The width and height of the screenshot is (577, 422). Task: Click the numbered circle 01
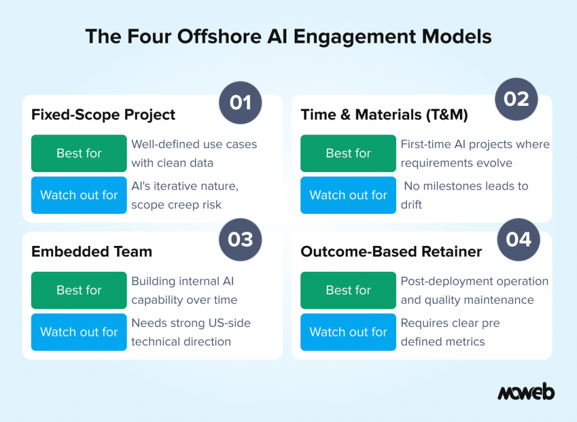pyautogui.click(x=241, y=102)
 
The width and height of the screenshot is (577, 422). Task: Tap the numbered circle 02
pyautogui.click(x=516, y=99)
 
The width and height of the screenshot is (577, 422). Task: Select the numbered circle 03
pyautogui.click(x=241, y=239)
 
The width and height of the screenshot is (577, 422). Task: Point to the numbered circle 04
pyautogui.click(x=518, y=239)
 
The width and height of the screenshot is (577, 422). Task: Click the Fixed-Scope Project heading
pyautogui.click(x=103, y=115)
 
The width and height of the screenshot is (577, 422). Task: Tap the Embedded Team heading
pyautogui.click(x=92, y=252)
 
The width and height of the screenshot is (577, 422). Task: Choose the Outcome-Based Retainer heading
pyautogui.click(x=391, y=252)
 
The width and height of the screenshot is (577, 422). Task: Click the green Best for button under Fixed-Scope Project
pyautogui.click(x=79, y=153)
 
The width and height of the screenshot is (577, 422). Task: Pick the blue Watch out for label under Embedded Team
pyautogui.click(x=79, y=332)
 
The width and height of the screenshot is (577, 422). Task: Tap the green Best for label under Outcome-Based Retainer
pyautogui.click(x=348, y=290)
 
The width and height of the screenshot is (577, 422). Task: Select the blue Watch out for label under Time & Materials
pyautogui.click(x=348, y=195)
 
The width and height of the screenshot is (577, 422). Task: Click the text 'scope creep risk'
pyautogui.click(x=176, y=205)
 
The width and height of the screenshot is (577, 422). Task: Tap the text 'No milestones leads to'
pyautogui.click(x=465, y=186)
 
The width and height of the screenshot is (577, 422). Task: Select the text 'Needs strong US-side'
pyautogui.click(x=191, y=323)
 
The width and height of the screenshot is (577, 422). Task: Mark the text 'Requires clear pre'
pyautogui.click(x=450, y=323)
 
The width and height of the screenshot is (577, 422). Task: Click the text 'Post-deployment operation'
pyautogui.click(x=474, y=281)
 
